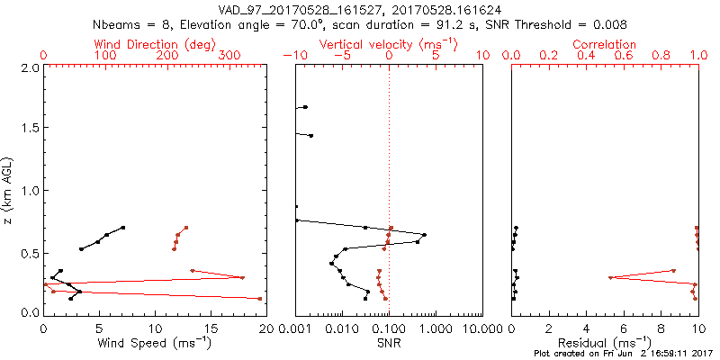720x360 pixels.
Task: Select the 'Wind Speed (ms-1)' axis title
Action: tap(155, 343)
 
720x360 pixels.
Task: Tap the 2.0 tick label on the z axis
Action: tap(29, 67)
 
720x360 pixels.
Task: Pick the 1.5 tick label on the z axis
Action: tap(29, 129)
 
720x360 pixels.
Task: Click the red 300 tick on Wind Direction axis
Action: tap(229, 56)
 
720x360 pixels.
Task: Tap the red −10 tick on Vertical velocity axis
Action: tap(294, 56)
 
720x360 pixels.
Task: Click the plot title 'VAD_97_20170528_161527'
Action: tap(285, 10)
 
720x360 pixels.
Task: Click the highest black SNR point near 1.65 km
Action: tap(305, 107)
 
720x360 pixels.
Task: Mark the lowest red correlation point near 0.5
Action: tap(610, 277)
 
